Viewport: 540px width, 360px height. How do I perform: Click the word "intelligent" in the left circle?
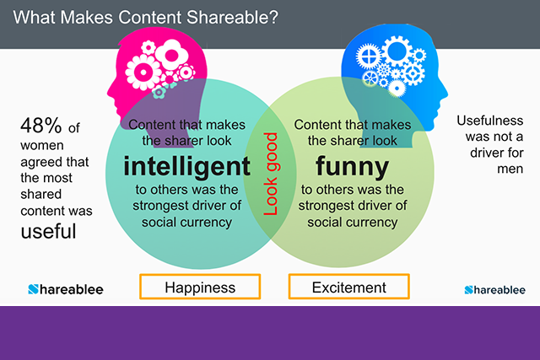point(186,166)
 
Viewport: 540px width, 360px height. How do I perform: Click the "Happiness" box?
point(199,287)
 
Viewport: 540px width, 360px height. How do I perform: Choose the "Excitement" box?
point(348,287)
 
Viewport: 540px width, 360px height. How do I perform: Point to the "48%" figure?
point(41,126)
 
